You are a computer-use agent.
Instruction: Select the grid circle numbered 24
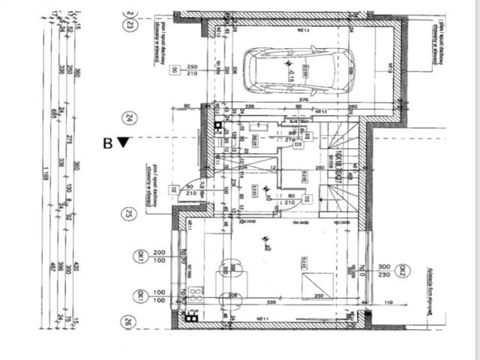point(130,118)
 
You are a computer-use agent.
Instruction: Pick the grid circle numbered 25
point(130,213)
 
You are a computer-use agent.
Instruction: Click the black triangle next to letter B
point(123,142)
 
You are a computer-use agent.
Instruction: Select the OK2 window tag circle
point(403,271)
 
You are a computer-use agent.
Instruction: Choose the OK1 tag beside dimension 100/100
point(139,296)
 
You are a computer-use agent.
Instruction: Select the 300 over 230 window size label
point(385,271)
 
